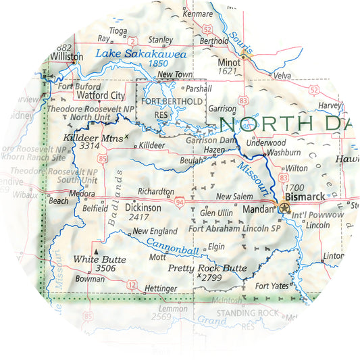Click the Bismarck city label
pyautogui.click(x=306, y=197)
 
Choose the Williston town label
pyautogui.click(x=66, y=57)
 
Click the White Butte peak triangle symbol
pyautogui.click(x=96, y=251)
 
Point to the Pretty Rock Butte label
pyautogui.click(x=207, y=268)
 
